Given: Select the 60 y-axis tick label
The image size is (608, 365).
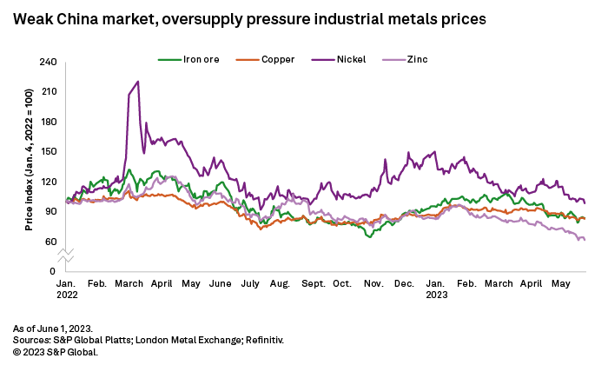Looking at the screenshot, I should pyautogui.click(x=50, y=242).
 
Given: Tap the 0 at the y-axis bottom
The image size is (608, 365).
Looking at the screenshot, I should pyautogui.click(x=53, y=272).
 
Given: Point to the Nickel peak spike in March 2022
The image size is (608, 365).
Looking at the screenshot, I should pyautogui.click(x=138, y=82).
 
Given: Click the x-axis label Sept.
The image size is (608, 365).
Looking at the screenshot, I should pyautogui.click(x=314, y=284).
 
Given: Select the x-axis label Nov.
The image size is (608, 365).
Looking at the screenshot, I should pyautogui.click(x=374, y=284).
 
